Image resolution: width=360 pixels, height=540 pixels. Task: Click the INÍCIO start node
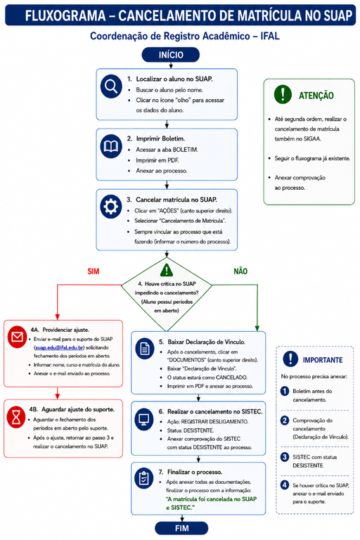point(171,55)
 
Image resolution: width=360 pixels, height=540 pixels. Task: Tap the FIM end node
point(181,528)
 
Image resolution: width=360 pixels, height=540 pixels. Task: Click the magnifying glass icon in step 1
point(111,86)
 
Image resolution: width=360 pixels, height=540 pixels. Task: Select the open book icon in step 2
point(111,147)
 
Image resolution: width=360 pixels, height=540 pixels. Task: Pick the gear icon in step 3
point(111,207)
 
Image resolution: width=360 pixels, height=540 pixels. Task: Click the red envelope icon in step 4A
point(17,337)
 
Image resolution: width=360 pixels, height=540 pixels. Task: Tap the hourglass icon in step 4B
point(16,417)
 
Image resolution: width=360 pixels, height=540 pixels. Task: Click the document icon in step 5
point(145,349)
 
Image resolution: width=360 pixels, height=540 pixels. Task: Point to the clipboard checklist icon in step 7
point(143,478)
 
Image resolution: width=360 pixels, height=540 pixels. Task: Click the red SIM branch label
point(94,271)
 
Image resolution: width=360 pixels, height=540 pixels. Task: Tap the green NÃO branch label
point(240,271)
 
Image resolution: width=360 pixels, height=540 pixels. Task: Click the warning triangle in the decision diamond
point(167,271)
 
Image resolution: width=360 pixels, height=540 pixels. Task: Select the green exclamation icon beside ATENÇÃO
point(283,94)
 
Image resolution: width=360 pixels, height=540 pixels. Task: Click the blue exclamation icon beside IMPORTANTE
point(290,359)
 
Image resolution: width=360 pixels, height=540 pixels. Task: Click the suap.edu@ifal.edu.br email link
point(59,347)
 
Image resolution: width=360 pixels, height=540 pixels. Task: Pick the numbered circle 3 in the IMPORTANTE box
point(285,457)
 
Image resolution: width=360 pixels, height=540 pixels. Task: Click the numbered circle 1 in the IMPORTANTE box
point(285,391)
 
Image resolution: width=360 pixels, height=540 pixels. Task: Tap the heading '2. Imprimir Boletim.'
point(155,139)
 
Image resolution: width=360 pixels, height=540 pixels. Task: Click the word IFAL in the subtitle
point(270,36)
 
